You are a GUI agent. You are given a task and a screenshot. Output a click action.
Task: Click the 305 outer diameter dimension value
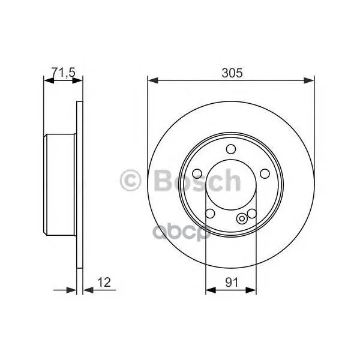click(231, 73)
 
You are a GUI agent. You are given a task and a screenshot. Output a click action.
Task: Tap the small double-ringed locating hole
click(242, 218)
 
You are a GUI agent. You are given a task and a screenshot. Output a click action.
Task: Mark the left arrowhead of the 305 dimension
click(151, 80)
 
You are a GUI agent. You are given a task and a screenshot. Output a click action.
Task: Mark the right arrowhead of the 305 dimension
click(311, 80)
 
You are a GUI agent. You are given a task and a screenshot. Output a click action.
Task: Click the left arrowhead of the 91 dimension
click(209, 290)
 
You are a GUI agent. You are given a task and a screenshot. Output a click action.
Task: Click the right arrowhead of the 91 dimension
click(253, 290)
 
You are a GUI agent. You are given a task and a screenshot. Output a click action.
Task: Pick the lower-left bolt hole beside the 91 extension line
click(210, 215)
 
